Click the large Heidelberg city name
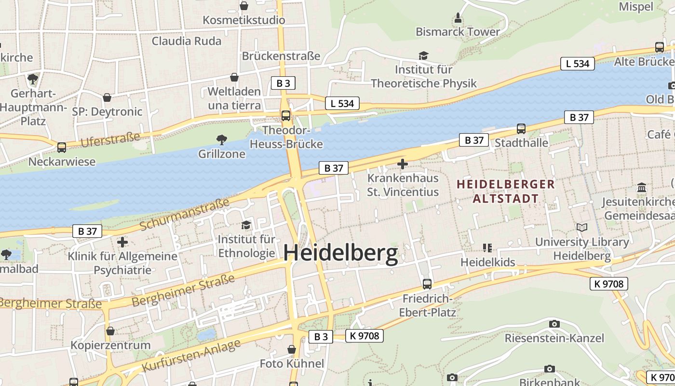coord(340,253)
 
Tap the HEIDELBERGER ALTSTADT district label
coord(505,191)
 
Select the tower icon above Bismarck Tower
coord(458,18)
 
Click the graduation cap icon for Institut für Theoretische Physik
coord(423,56)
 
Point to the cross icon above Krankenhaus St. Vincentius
coord(402,164)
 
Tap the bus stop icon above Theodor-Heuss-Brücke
coord(286,115)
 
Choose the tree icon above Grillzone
coord(222,140)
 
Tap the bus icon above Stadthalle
coord(521,129)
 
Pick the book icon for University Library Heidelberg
coord(582,227)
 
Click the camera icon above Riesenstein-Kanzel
coord(554,324)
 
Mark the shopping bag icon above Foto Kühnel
coord(292,349)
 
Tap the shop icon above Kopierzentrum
coord(110,331)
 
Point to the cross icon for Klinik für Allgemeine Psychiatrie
coord(122,242)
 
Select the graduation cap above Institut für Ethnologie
coord(246,225)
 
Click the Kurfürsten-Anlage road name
coord(191,356)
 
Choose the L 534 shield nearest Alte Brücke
coord(577,64)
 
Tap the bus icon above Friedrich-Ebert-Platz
coord(427,284)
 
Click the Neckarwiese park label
coord(62,161)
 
